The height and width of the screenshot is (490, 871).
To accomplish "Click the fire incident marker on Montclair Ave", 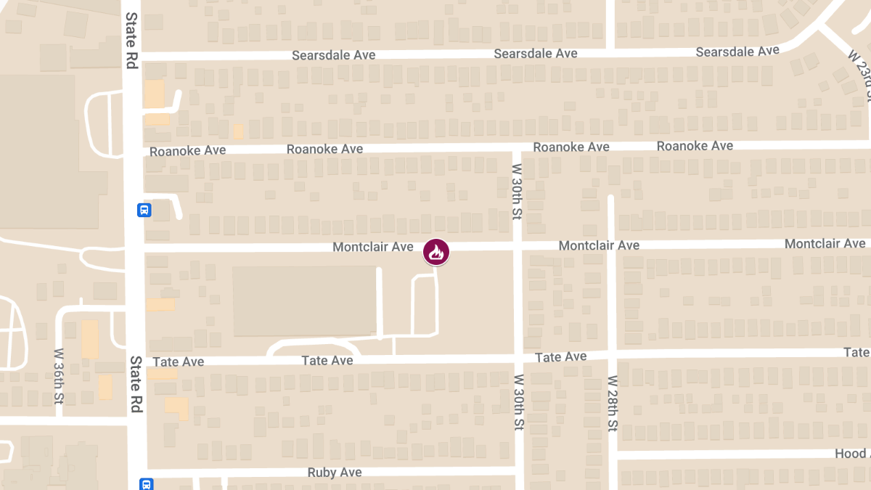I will (436, 252).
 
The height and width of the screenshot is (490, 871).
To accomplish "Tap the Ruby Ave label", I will (335, 473).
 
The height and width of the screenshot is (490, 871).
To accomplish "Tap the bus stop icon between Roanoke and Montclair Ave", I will (144, 211).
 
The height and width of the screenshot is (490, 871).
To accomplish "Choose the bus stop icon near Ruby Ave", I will (146, 483).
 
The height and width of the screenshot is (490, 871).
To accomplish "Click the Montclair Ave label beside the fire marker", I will (372, 248).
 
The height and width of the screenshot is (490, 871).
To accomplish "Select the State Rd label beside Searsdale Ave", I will (131, 40).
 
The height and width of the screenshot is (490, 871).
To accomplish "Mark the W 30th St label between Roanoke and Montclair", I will (518, 191).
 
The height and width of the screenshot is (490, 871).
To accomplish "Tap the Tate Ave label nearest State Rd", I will (178, 362).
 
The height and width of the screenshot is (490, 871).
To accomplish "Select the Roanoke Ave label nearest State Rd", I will (187, 151).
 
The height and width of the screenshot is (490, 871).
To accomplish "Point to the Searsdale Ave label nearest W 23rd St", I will (737, 52).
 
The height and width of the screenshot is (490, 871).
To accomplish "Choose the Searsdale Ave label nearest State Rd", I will (333, 55).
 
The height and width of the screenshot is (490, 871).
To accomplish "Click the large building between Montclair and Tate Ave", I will (305, 301).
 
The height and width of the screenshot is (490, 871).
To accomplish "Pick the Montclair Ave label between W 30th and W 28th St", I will (599, 245).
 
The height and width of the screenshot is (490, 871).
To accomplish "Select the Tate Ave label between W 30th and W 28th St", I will (560, 357).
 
